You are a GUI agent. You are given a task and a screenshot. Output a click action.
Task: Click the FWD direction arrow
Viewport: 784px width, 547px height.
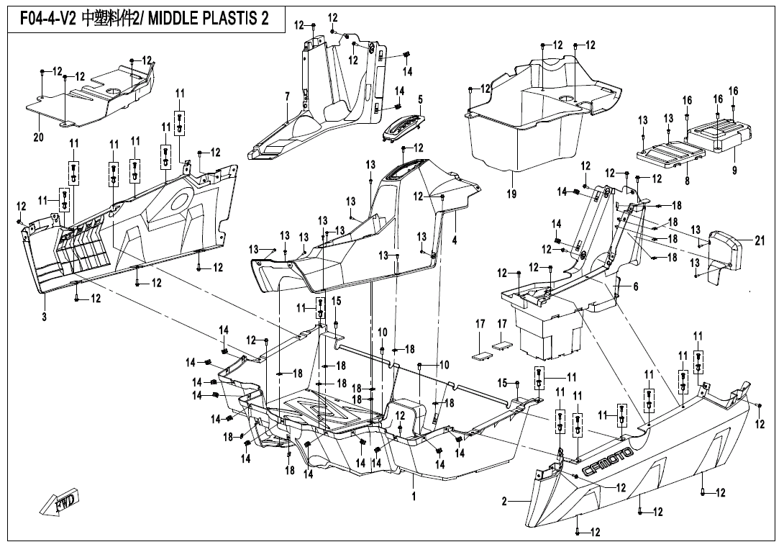(61, 501)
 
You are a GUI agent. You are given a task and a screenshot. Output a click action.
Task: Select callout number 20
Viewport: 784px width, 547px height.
(38, 136)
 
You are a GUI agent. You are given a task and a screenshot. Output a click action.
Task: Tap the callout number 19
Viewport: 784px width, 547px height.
(511, 194)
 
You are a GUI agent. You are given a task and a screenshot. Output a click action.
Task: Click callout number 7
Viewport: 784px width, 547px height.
(287, 96)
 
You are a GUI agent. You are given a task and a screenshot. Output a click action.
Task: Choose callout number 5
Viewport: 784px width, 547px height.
(420, 99)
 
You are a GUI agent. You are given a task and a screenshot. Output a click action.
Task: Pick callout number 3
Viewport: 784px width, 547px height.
(44, 316)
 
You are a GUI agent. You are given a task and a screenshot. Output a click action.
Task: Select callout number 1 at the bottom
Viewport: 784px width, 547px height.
(414, 497)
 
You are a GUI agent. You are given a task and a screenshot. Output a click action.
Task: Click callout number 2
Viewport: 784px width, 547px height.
(504, 501)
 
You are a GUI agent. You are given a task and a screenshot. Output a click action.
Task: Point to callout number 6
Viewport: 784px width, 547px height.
(635, 286)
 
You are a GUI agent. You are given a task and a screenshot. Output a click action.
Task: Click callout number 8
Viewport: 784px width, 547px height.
(687, 182)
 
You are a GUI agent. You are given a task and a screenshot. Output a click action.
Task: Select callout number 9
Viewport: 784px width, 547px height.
(734, 171)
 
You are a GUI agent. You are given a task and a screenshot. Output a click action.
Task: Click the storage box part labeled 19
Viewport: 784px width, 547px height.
(525, 130)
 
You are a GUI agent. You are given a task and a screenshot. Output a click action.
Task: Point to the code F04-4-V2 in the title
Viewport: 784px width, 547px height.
(44, 19)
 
